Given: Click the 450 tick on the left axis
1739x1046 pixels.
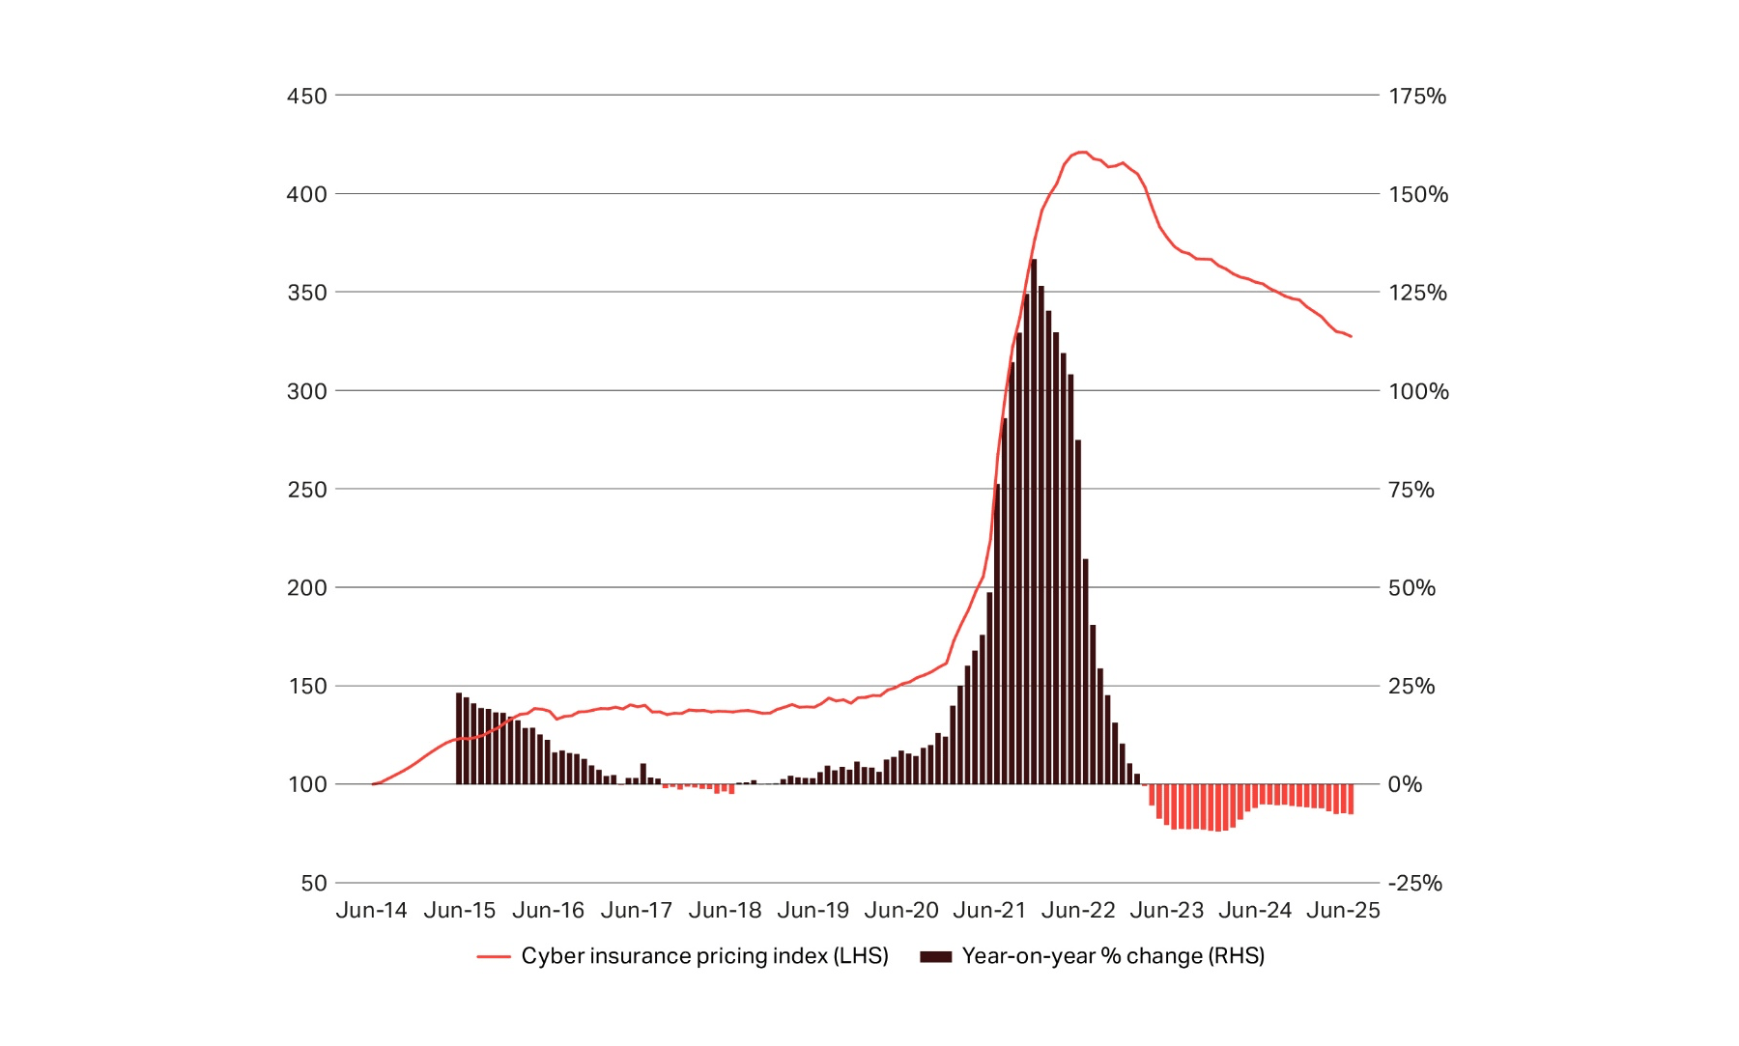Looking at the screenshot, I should (x=306, y=96).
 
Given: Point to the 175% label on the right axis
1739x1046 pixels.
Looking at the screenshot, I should (x=1417, y=96).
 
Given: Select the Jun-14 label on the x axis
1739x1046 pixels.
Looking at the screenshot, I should (x=371, y=910).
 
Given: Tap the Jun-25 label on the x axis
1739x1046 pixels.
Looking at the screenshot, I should (x=1343, y=910).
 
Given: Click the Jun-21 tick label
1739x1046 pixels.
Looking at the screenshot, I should (x=989, y=910).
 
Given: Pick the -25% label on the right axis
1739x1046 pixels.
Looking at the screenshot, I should (x=1414, y=883).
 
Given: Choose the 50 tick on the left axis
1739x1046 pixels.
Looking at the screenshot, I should (x=313, y=883).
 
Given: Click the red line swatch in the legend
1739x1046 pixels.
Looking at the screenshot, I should (x=493, y=956).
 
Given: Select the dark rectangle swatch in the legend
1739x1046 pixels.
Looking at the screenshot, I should (x=935, y=956).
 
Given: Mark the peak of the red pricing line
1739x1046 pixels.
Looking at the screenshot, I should (x=1083, y=152).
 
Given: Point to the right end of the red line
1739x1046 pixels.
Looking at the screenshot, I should (x=1351, y=336).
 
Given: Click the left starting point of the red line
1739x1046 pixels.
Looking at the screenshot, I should (x=373, y=784).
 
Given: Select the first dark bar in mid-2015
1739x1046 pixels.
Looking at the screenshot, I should (x=459, y=739).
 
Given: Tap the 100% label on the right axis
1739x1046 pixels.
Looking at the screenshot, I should (x=1418, y=391).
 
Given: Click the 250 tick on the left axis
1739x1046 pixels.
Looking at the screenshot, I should (x=306, y=490).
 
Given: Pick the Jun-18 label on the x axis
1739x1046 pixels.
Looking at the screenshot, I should (x=725, y=910).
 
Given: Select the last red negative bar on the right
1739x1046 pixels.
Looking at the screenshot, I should (x=1351, y=800).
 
